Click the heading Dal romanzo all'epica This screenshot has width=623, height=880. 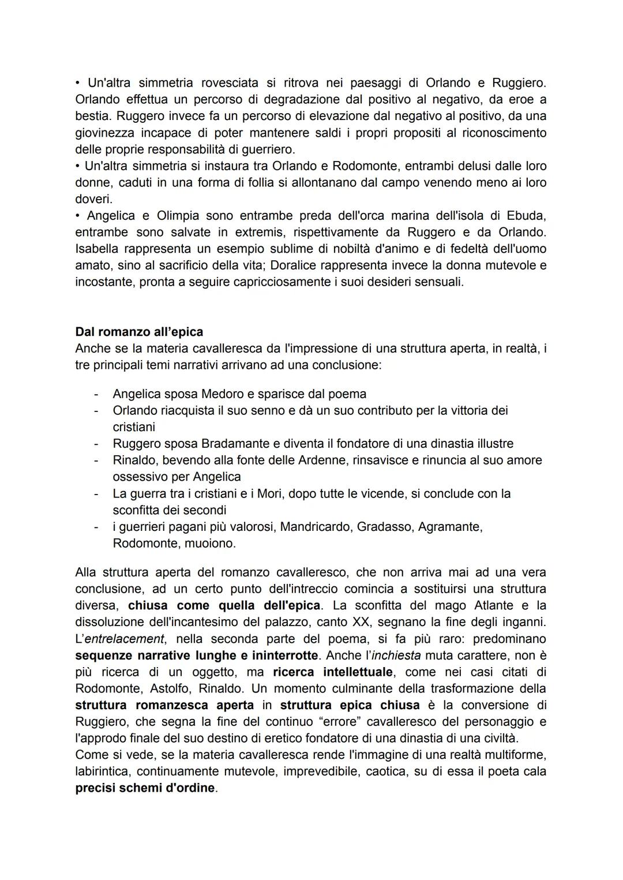[139, 332]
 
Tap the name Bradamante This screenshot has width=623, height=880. [240, 444]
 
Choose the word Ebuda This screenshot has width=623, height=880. [526, 216]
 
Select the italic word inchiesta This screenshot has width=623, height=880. [396, 656]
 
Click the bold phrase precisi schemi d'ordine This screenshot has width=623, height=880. [145, 788]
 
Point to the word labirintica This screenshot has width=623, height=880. [102, 772]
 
